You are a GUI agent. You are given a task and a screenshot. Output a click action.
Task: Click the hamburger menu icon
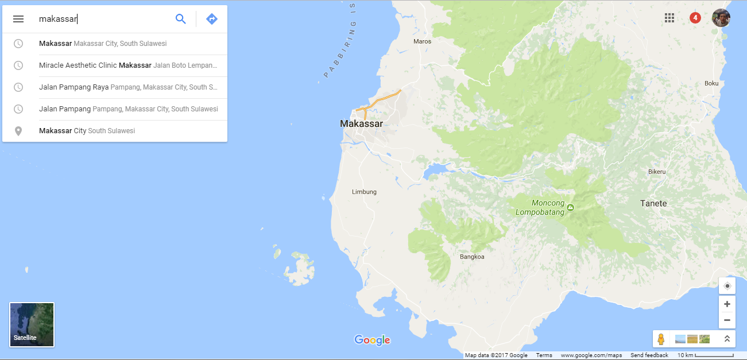(x=18, y=19)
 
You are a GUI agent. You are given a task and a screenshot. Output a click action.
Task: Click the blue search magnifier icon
(x=181, y=19)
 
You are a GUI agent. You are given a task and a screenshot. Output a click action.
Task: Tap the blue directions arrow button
(x=212, y=19)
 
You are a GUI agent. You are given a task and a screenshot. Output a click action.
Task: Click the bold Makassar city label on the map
(x=361, y=123)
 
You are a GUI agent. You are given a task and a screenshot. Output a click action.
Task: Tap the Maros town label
(x=422, y=41)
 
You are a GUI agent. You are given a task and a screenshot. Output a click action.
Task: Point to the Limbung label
(x=364, y=192)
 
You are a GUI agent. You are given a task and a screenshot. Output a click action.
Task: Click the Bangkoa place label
(x=472, y=257)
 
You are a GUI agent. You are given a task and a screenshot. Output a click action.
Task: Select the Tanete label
(x=653, y=203)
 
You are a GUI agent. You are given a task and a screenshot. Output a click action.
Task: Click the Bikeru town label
(x=657, y=172)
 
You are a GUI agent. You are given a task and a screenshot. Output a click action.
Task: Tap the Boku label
(x=711, y=83)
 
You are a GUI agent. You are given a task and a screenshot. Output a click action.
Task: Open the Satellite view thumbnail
(x=32, y=324)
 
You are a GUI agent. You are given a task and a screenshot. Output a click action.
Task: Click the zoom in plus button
(x=727, y=304)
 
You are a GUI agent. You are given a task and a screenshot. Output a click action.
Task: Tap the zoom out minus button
(x=727, y=320)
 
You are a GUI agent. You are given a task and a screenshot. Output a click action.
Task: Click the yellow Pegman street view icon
(x=661, y=339)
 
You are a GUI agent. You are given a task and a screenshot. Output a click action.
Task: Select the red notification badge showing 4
(x=695, y=18)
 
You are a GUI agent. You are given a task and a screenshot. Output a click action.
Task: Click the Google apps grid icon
(x=669, y=18)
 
